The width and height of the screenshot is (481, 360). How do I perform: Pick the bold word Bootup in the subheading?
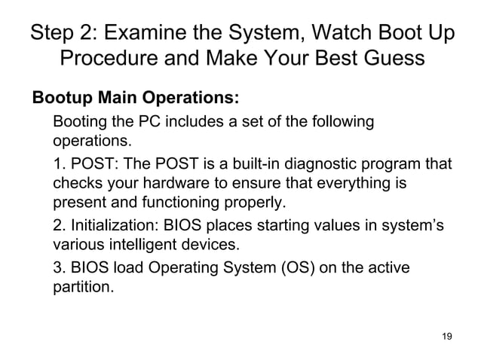pos(58,98)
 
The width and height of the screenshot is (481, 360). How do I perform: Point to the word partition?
pos(82,287)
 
